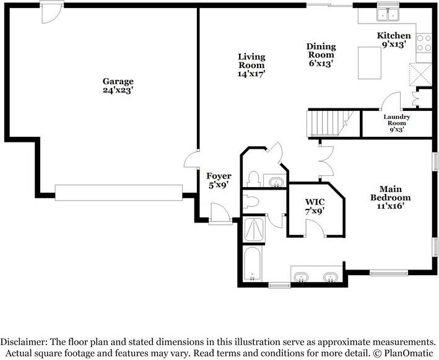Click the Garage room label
pyautogui.click(x=117, y=86)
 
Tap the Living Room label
pyautogui.click(x=251, y=65)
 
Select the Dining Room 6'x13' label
pyautogui.click(x=321, y=55)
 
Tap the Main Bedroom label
pyautogui.click(x=390, y=198)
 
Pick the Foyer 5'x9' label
pyautogui.click(x=219, y=180)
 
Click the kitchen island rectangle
pyautogui.click(x=370, y=63)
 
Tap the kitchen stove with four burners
pyautogui.click(x=424, y=43)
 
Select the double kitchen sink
pyautogui.click(x=388, y=14)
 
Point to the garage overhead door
pyautogui.click(x=119, y=193)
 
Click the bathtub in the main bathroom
pyautogui.click(x=253, y=263)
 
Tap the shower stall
pyautogui.click(x=254, y=230)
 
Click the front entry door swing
pyautogui.click(x=220, y=214)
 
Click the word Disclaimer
pyautogui.click(x=24, y=342)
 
